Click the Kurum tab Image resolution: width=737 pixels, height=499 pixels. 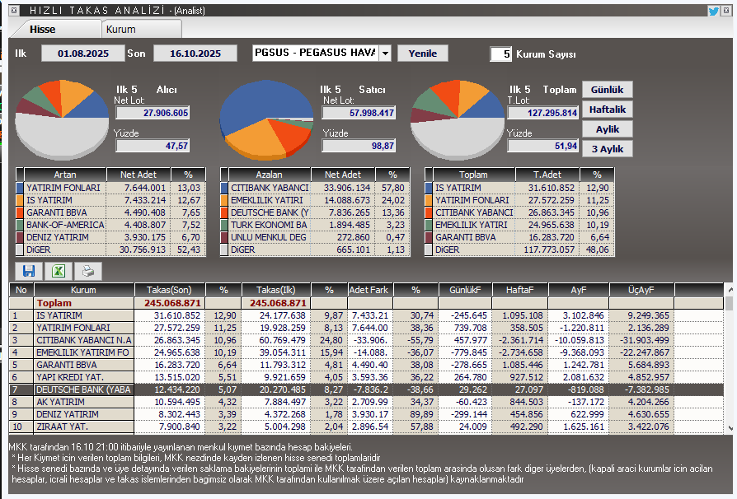[121, 29]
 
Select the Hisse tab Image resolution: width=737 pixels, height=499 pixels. [43, 29]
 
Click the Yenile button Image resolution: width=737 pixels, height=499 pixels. [423, 54]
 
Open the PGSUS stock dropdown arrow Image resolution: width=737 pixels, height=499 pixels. [385, 54]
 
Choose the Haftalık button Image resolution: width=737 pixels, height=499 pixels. [608, 110]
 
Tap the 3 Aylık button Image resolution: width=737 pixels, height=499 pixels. [608, 149]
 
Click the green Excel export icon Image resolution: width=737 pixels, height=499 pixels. [59, 271]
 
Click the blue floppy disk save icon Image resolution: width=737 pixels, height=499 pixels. [29, 271]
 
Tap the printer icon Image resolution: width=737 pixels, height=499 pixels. [88, 271]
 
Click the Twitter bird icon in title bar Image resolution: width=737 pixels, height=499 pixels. [713, 11]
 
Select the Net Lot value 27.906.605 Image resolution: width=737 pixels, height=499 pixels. [153, 113]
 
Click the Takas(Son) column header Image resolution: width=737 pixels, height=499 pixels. [170, 290]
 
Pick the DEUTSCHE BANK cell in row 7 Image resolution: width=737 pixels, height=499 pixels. [82, 389]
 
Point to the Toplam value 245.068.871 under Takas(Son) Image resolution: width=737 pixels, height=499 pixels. [170, 302]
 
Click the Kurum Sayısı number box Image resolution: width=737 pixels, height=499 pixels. [500, 54]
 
